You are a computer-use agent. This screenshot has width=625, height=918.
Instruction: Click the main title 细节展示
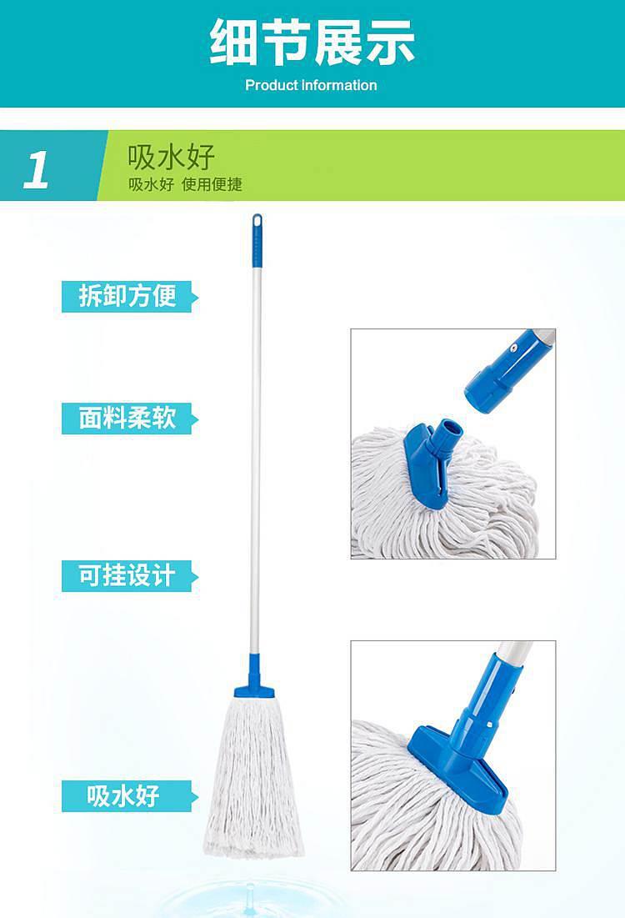click(x=312, y=43)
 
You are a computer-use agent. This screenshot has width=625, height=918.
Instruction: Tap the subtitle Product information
click(x=311, y=86)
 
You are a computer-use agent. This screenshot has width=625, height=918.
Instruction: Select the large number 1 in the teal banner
click(x=37, y=170)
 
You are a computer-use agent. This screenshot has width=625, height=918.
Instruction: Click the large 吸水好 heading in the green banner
click(x=172, y=157)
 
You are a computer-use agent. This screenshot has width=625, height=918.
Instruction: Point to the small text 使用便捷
click(x=212, y=184)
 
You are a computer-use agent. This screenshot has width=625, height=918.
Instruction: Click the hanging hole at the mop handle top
click(x=257, y=221)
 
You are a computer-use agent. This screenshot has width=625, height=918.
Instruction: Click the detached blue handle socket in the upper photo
click(x=502, y=374)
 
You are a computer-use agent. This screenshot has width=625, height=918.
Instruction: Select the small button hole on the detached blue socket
click(x=513, y=348)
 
